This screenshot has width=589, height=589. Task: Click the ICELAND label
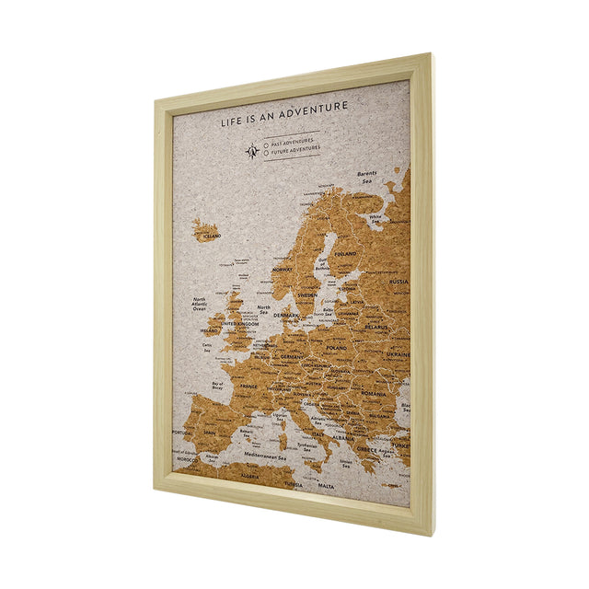(x=212, y=236)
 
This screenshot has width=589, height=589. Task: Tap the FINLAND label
(x=345, y=254)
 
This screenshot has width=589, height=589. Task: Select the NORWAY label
(x=282, y=270)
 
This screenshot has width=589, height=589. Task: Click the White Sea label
(x=375, y=218)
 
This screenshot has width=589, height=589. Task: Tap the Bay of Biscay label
(x=218, y=386)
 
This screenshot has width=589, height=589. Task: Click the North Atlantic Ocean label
(x=200, y=305)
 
